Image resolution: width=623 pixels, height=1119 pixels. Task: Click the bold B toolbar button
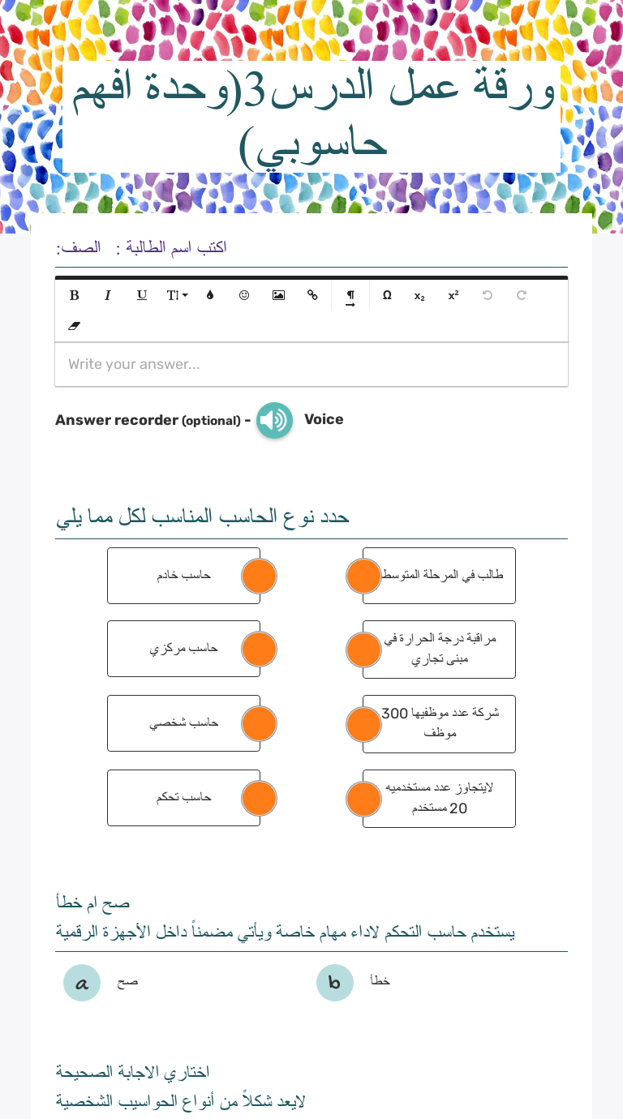[x=75, y=295]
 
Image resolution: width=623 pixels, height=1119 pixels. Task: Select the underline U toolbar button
[x=142, y=295]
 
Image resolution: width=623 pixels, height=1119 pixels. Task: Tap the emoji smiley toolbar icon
[x=244, y=295]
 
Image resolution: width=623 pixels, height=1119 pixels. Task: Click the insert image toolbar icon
[x=278, y=295]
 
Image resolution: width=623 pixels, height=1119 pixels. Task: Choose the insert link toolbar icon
[x=312, y=295]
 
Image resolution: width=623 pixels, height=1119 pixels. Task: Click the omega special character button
[x=387, y=295]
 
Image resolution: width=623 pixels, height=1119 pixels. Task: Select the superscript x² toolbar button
[x=453, y=295]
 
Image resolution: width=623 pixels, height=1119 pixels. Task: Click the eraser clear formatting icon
[x=75, y=326]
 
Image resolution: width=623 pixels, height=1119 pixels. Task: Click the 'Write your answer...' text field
[x=311, y=364]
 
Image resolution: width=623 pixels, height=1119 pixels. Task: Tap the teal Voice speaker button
[x=275, y=420]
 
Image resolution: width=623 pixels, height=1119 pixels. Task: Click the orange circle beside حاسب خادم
[x=259, y=576]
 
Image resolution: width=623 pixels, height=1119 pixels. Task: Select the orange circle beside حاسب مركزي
[x=259, y=650]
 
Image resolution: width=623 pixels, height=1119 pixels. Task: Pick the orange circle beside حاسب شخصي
[x=259, y=723]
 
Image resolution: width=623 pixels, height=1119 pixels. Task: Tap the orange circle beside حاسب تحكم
[x=259, y=798]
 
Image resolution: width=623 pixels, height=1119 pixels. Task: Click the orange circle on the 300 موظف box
[x=363, y=724]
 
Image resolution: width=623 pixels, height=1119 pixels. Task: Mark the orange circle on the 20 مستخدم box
[x=363, y=799]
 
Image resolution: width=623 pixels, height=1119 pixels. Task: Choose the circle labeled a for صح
[x=82, y=983]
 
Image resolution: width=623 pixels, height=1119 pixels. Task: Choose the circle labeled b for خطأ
[x=335, y=983]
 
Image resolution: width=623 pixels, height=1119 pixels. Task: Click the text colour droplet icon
[x=210, y=295]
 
